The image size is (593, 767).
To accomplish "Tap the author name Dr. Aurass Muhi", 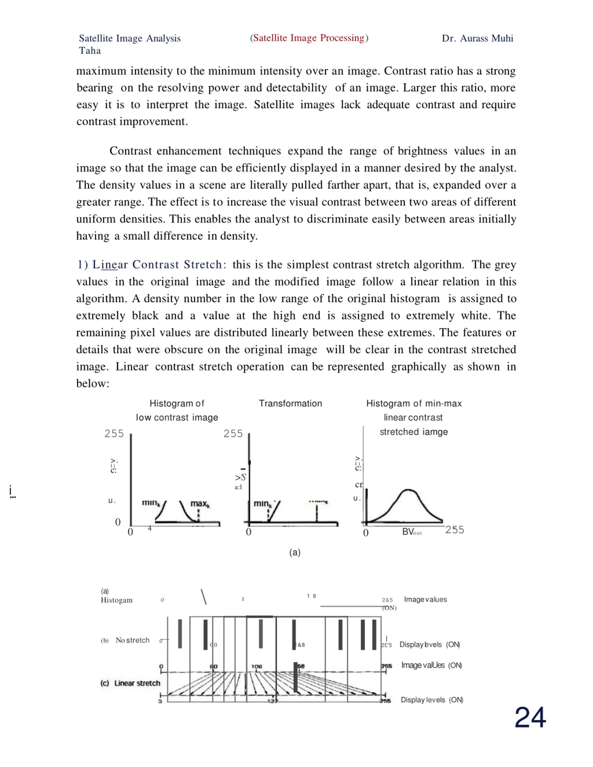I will (477, 38).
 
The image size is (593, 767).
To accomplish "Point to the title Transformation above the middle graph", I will (290, 404).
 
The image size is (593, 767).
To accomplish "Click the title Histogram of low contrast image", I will (177, 410).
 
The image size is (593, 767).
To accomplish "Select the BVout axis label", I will (412, 532).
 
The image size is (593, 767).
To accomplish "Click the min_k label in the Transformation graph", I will (263, 504).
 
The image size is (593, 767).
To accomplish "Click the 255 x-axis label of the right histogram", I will (454, 530).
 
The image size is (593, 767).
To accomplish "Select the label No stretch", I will (132, 640).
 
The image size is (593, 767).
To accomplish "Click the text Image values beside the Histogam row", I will (425, 599).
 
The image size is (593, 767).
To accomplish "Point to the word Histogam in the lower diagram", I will (117, 600).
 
